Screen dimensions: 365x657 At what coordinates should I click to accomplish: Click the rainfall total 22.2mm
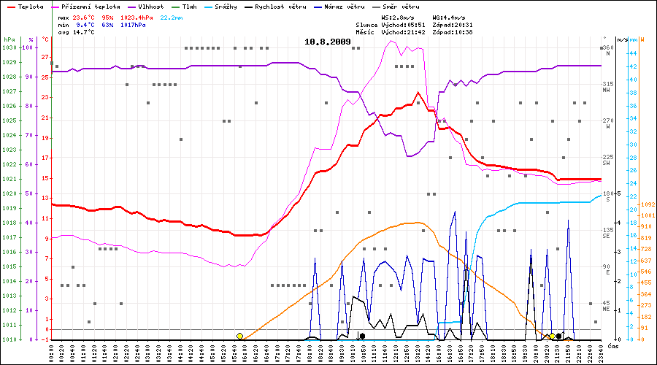pyautogui.click(x=172, y=17)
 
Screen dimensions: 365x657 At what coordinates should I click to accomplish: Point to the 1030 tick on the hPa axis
pyautogui.click(x=9, y=47)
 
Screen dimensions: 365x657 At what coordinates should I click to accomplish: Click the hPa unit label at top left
pyautogui.click(x=9, y=39)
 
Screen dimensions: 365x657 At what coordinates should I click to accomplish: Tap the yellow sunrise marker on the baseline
pyautogui.click(x=239, y=336)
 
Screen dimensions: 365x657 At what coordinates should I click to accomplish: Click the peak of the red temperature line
pyautogui.click(x=418, y=93)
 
